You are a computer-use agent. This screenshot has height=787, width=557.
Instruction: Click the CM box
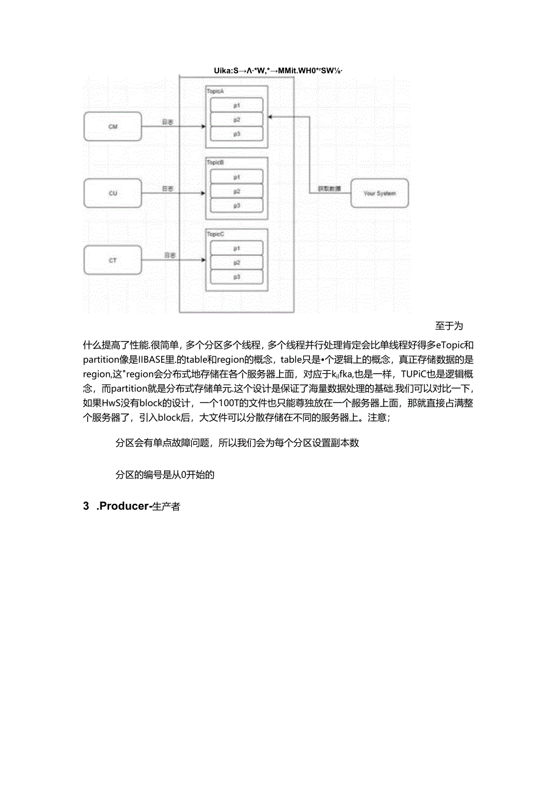pos(113,127)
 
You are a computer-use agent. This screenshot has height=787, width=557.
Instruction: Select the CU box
pos(113,194)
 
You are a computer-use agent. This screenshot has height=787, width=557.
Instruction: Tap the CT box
pos(113,261)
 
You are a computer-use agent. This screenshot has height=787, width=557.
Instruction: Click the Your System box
pos(380,194)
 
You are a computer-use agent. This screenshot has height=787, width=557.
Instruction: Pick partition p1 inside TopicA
pos(237,105)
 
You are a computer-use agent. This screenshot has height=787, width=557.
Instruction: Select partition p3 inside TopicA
pos(237,134)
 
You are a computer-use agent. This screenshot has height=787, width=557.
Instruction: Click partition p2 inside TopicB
pos(237,191)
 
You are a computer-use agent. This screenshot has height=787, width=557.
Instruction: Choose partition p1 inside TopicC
pos(237,248)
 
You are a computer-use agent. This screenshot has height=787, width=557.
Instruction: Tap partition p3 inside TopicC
pos(237,276)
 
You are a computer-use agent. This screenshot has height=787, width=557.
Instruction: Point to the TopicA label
pos(216,91)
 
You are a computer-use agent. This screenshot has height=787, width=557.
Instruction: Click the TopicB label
pos(216,163)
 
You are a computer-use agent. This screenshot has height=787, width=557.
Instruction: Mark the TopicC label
pos(216,233)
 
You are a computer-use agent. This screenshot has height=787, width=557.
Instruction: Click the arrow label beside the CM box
pos(168,122)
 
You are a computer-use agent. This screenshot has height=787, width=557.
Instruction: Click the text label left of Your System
pos(328,189)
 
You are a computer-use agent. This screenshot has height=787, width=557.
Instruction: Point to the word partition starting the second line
pos(104,359)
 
